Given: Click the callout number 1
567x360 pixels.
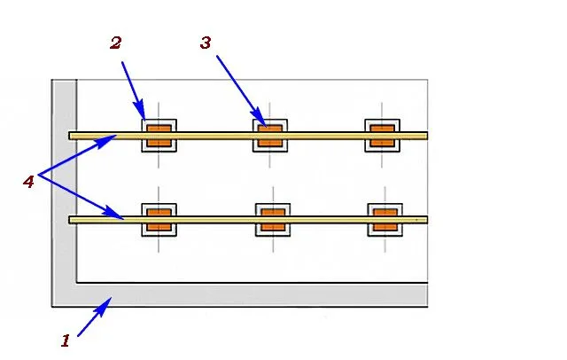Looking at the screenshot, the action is (66, 340).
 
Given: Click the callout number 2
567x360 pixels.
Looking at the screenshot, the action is (116, 43).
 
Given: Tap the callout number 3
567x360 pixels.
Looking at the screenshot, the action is (206, 43).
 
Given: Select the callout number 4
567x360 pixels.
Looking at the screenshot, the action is (28, 181).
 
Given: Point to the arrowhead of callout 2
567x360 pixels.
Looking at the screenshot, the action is (140, 111).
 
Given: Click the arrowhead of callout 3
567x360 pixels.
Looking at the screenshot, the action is (260, 118).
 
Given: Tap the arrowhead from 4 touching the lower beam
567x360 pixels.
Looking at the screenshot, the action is (113, 214).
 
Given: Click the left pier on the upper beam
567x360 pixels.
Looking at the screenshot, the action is (159, 136).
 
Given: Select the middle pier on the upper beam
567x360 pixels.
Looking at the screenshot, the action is (270, 136).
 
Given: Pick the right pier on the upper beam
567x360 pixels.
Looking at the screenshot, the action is (382, 136).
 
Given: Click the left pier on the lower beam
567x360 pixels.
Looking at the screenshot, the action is (159, 220).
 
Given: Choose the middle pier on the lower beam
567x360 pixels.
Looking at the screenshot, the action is (273, 220).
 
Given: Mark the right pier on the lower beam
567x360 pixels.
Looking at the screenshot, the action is (385, 220).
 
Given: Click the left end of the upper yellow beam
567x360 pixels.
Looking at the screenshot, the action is (69, 136).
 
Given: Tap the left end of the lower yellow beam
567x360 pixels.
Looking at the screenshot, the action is (69, 220).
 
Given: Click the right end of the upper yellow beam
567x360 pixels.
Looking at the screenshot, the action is (428, 136).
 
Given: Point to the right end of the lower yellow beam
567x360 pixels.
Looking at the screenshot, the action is (428, 220).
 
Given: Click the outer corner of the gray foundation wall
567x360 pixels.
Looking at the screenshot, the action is (52, 307).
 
